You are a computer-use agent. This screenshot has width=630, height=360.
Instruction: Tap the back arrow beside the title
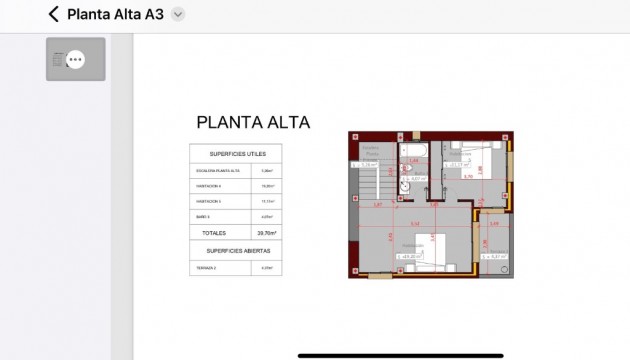coord(54,14)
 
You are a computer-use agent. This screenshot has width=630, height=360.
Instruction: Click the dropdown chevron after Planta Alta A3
coord(178,14)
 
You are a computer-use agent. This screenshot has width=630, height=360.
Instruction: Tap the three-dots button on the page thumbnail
coord(74,60)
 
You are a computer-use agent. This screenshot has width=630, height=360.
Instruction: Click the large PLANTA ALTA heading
coord(253,123)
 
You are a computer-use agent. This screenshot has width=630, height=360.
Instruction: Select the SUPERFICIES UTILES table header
coord(237,154)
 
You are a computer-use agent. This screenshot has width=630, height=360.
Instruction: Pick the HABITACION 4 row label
coord(209,186)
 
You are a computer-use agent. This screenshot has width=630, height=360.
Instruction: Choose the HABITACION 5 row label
coord(209,201)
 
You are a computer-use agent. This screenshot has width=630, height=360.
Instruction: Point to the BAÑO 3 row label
coord(204,216)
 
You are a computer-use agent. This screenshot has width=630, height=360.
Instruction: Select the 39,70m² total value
coord(267,232)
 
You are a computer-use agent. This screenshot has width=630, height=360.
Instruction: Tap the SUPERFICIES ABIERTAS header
coord(237,250)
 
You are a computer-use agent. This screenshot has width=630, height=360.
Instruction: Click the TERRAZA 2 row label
coord(207,267)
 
